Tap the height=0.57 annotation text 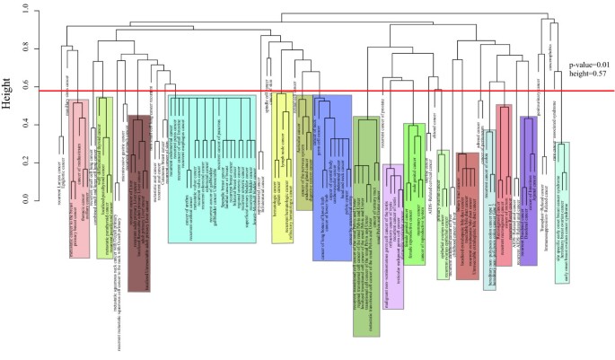point(590,77)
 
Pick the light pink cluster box point(79,180)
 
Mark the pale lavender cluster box point(392,224)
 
